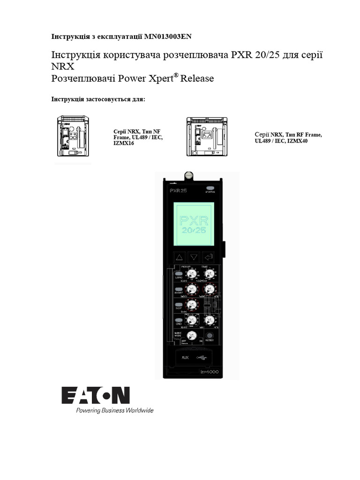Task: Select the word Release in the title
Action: click(x=197, y=78)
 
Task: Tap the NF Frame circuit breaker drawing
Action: click(x=72, y=136)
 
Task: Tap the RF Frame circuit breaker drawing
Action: click(x=206, y=136)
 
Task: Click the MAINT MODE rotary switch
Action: click(x=191, y=336)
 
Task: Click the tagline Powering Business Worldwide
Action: click(x=115, y=410)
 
